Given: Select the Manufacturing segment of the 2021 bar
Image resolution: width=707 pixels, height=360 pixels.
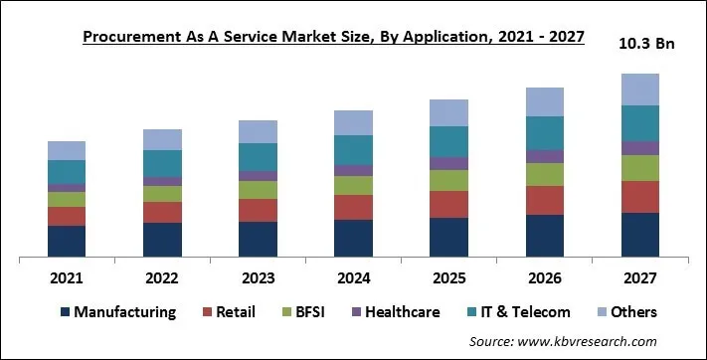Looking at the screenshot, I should (x=67, y=241).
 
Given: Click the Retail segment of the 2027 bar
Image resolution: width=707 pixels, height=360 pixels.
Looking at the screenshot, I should (x=639, y=196).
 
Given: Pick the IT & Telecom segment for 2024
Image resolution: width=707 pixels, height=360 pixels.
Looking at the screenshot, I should (x=353, y=150).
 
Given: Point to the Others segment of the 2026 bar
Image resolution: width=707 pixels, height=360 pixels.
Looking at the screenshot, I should (x=544, y=101).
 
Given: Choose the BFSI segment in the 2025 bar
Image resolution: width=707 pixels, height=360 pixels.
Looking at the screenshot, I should (x=448, y=180).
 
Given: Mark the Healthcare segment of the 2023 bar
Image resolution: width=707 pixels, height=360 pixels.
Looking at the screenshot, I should (x=258, y=176).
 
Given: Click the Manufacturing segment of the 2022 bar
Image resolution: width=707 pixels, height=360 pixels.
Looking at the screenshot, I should (x=162, y=239).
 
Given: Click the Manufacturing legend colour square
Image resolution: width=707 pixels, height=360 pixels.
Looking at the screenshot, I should (x=65, y=312).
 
